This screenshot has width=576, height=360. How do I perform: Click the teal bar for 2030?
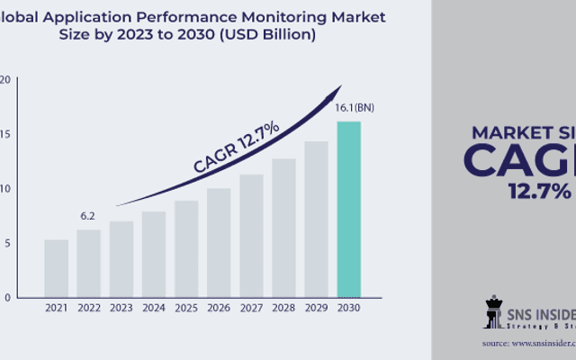pos(348,209)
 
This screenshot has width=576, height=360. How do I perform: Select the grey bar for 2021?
pos(57,268)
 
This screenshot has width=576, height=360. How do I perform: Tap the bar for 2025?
pos(186,248)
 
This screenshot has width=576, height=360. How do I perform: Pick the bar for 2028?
pos(283,228)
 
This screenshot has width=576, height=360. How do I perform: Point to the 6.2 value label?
pos(88,217)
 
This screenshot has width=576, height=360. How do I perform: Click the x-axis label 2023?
pos(121,309)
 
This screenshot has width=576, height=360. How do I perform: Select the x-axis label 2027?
pos(251,309)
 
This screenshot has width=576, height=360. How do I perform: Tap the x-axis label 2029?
pos(316,309)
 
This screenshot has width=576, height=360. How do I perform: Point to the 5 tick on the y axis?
pos(7,243)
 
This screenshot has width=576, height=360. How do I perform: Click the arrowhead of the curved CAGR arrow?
pos(337,90)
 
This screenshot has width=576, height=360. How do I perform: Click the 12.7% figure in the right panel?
pos(539,192)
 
